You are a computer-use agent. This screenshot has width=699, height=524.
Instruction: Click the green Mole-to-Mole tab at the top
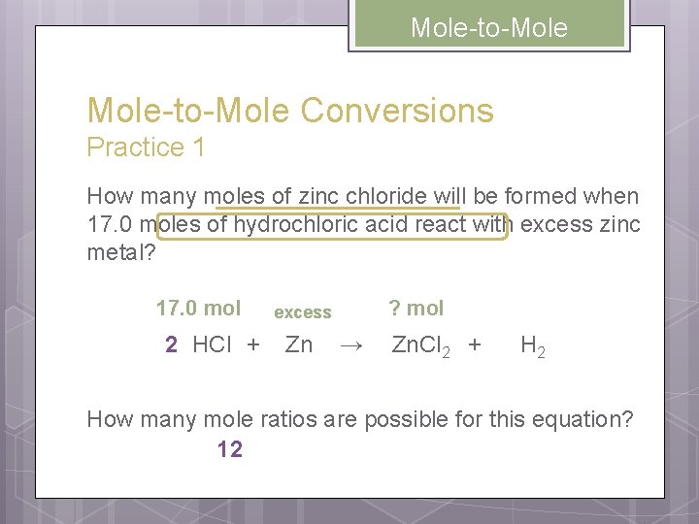coord(489,28)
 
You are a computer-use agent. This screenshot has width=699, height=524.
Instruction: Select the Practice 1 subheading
coord(146,147)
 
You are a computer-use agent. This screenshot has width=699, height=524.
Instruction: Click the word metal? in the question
coord(120,254)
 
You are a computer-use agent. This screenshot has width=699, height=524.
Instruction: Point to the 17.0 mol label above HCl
coord(198,309)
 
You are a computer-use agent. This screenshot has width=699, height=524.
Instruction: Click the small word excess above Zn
coord(303,312)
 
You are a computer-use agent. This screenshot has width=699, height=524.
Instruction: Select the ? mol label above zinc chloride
coord(416,309)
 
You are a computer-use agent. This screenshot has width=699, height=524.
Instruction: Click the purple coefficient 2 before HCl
coord(171,344)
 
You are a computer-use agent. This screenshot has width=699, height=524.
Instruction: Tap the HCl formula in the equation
coord(212,344)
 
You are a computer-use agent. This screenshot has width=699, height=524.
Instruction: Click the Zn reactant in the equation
coord(299,344)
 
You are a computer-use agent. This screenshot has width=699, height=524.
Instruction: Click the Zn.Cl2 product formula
coord(419,345)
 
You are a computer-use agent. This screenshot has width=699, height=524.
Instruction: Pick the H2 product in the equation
coord(532,345)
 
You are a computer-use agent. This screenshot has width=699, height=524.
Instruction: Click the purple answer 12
coord(230,449)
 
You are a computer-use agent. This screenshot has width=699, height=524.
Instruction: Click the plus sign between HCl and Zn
coord(253,344)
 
